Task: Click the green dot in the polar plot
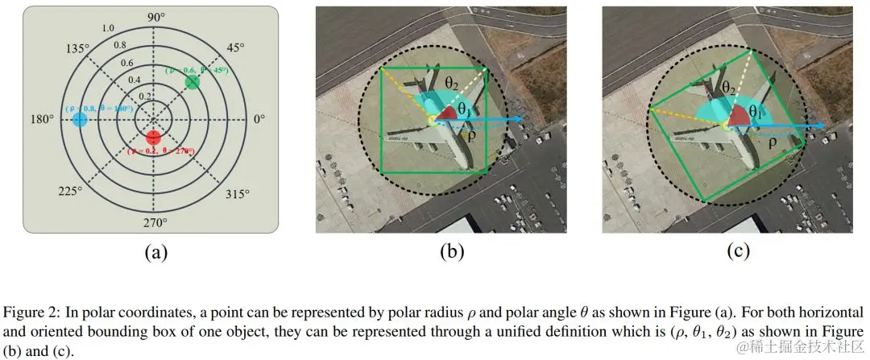[x=192, y=82]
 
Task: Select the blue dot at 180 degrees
[x=80, y=120]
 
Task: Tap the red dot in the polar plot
[x=155, y=139]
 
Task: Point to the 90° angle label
[x=155, y=18]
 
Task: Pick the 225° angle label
[x=69, y=191]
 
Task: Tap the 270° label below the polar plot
[x=155, y=222]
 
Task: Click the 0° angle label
[x=259, y=119]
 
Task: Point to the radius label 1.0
[x=109, y=29]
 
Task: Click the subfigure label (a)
[x=155, y=252]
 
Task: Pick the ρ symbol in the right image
[x=772, y=143]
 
